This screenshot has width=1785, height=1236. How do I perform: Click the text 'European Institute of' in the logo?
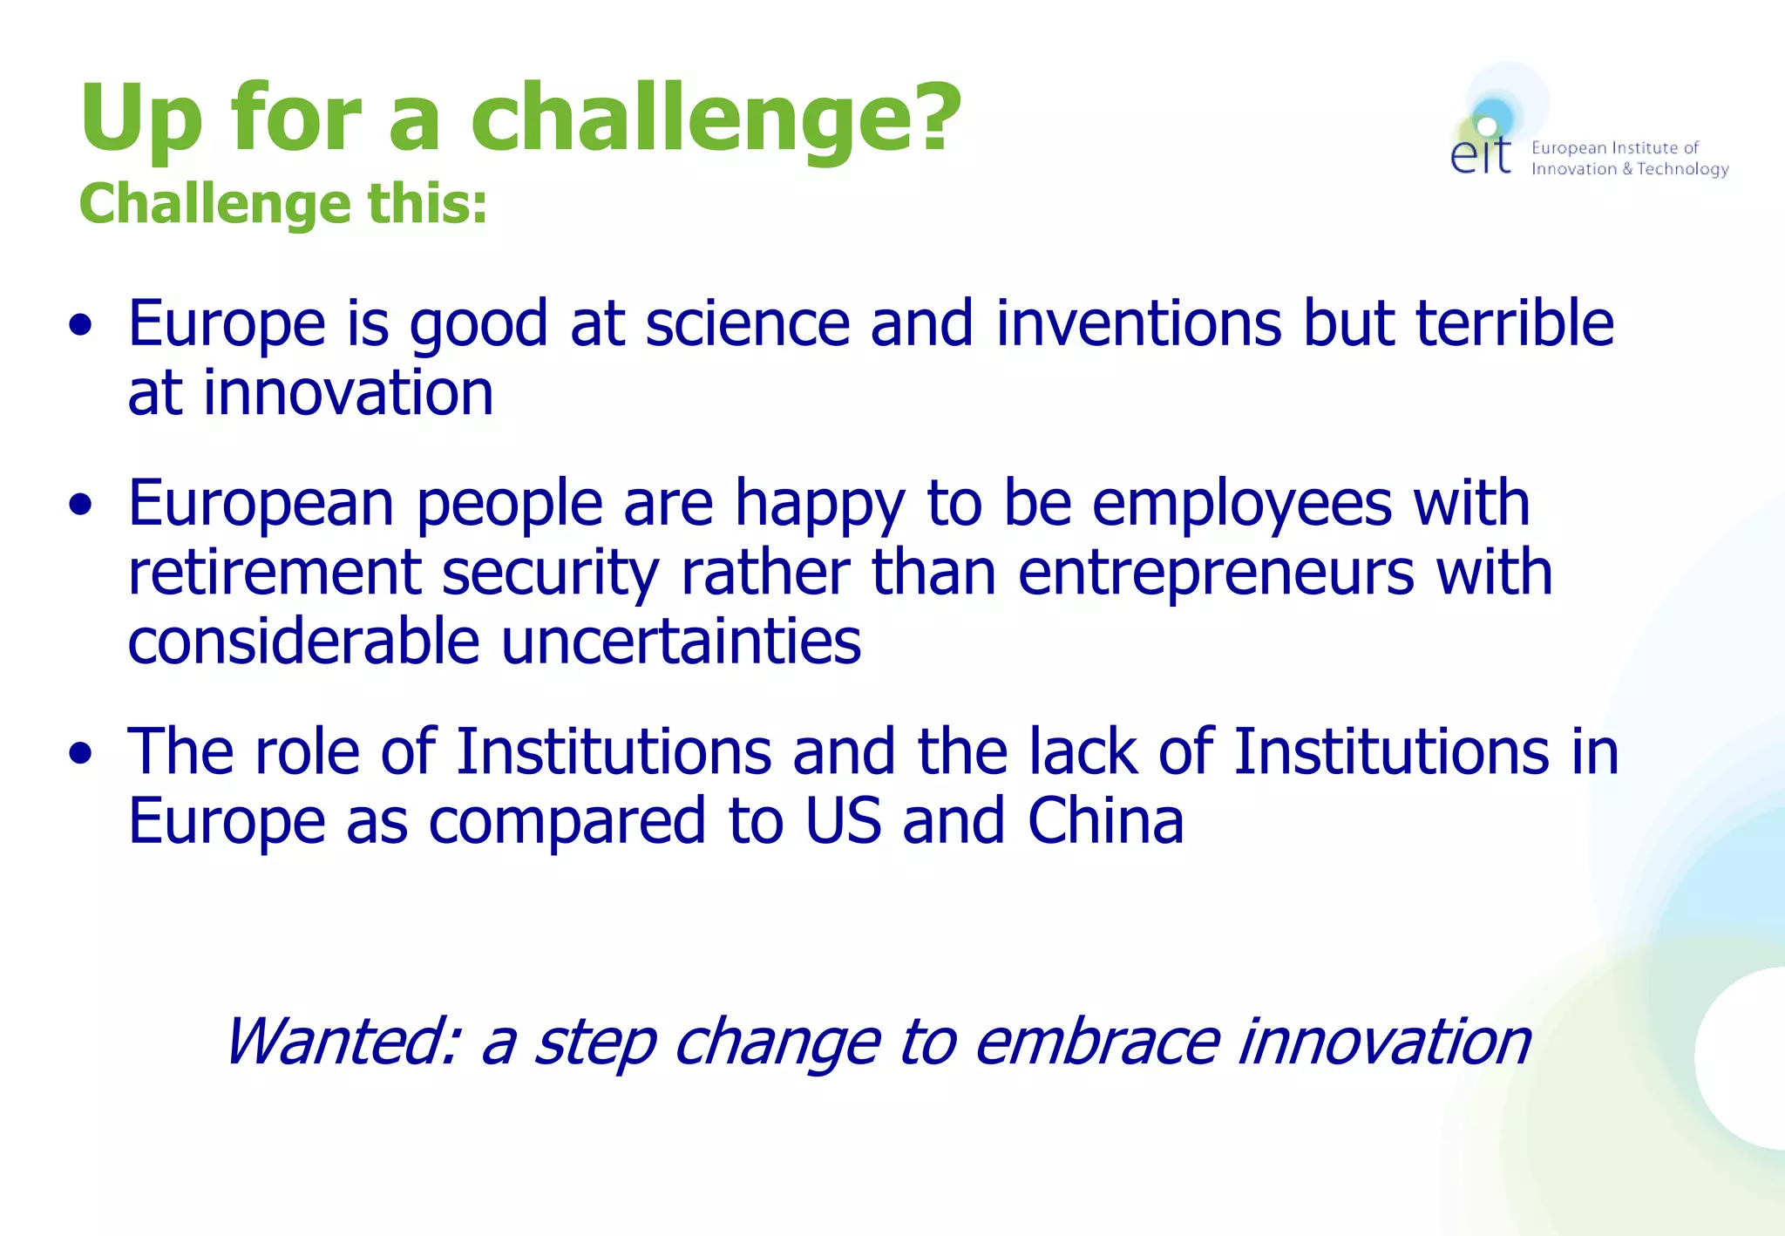(x=1614, y=148)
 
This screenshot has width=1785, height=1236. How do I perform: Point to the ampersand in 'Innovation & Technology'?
(x=1627, y=169)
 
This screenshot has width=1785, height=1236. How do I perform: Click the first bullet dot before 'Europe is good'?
(x=81, y=325)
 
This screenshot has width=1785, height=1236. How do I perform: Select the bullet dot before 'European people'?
(x=81, y=505)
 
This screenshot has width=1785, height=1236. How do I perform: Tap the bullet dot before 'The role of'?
(x=81, y=753)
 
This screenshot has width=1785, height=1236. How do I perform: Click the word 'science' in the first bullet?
(x=747, y=323)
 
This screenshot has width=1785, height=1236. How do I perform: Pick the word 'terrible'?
(x=1514, y=323)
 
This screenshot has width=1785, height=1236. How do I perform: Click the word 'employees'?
(x=1241, y=504)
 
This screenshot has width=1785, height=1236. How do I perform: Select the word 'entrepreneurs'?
(x=1216, y=573)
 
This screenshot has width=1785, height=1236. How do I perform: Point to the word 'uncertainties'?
(x=681, y=642)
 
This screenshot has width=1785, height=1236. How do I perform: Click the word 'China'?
(x=1105, y=821)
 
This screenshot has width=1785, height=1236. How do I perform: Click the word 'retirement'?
(x=275, y=573)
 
